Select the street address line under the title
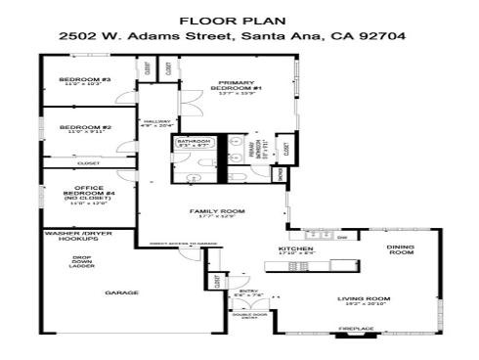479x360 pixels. (x=239, y=36)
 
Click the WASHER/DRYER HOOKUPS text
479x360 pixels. (x=75, y=237)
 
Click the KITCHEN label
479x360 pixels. (x=295, y=249)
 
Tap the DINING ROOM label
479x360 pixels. (x=401, y=249)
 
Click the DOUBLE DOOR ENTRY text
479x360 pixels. (x=249, y=315)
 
